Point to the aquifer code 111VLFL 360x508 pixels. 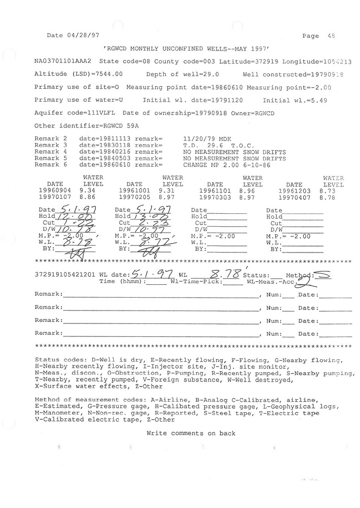(x=99, y=113)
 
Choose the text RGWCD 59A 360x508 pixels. (x=107, y=126)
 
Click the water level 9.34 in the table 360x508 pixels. (x=87, y=190)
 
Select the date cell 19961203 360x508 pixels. (x=294, y=190)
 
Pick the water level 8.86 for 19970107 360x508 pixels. (x=87, y=197)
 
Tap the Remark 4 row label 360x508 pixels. (x=52, y=151)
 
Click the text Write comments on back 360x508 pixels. (x=191, y=433)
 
